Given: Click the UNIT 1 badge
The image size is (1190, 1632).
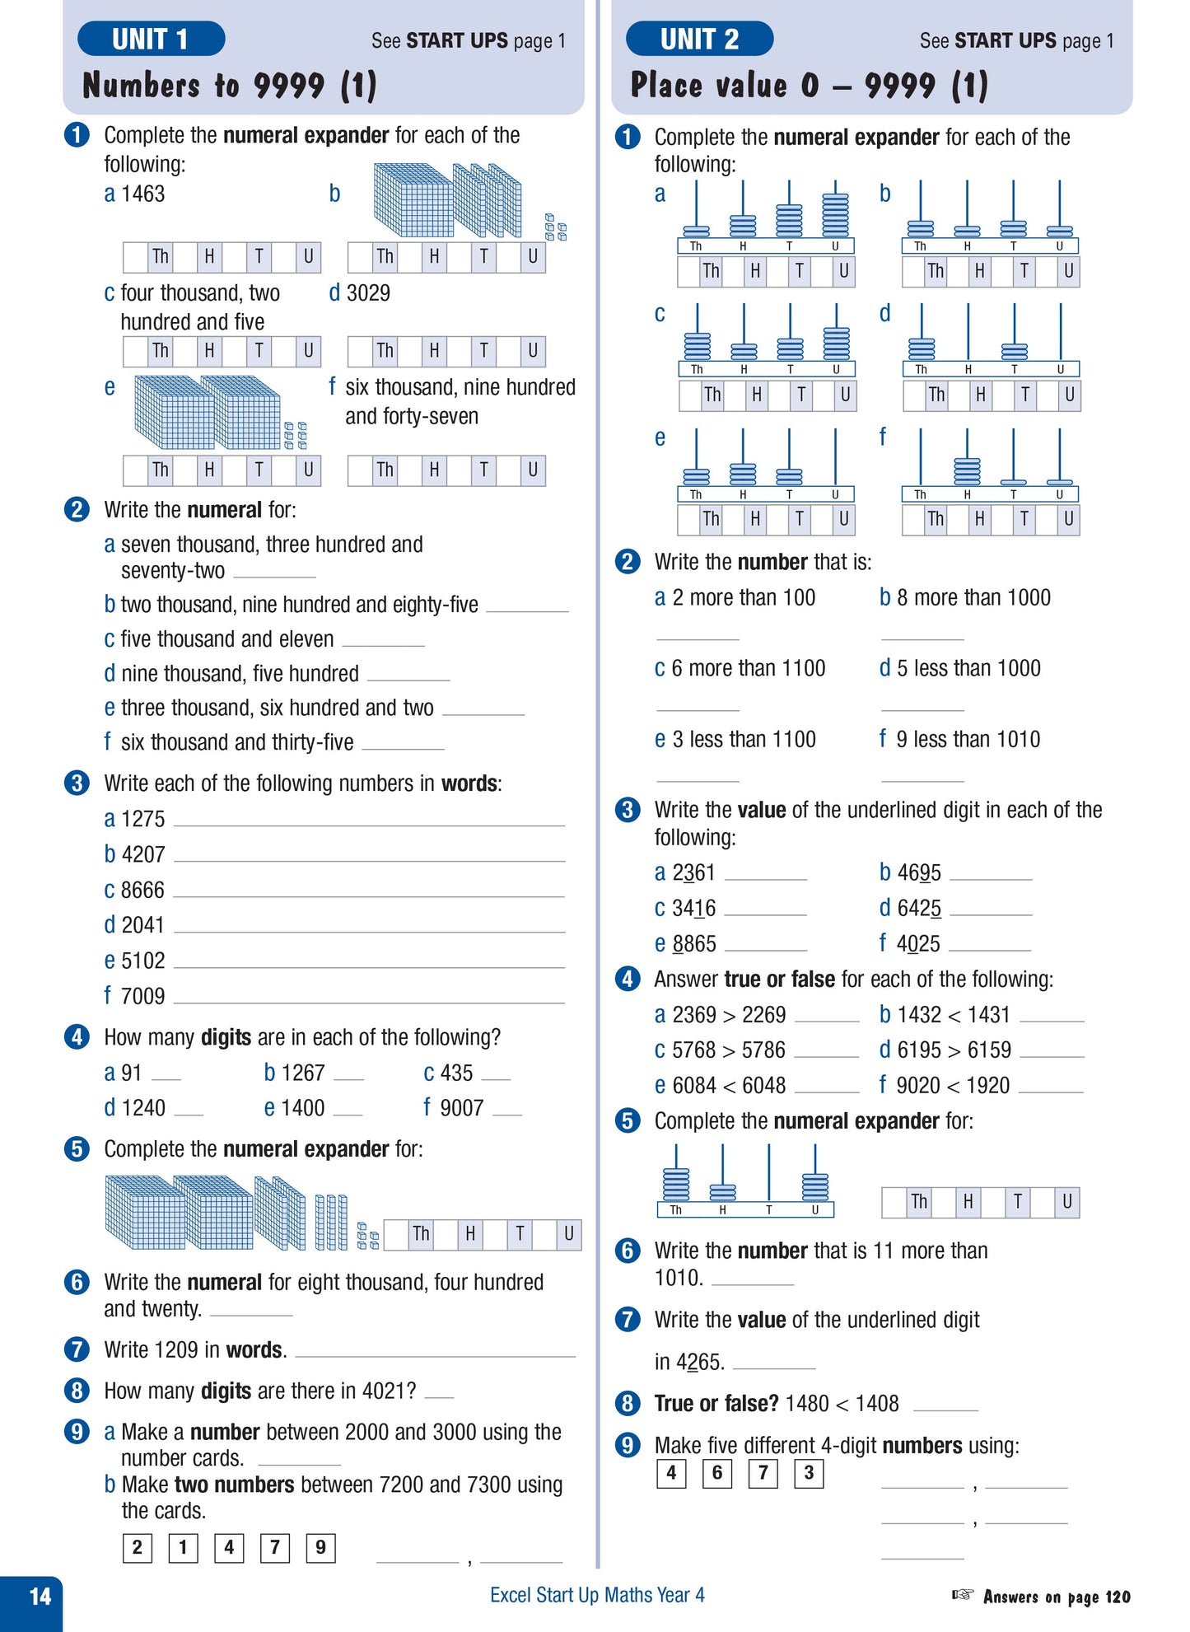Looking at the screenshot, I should [151, 39].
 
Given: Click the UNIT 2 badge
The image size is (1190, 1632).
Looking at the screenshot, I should [699, 39].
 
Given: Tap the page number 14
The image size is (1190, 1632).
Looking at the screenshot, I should [40, 1597].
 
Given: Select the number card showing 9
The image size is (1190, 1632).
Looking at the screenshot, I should [320, 1548].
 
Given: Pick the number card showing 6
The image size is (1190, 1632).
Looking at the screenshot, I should [716, 1473].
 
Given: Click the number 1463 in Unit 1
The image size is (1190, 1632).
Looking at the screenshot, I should [142, 194].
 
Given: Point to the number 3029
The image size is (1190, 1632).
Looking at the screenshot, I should [368, 293].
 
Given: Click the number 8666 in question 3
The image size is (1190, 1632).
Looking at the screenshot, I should [142, 891].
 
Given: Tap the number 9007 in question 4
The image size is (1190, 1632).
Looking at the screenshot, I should [462, 1108].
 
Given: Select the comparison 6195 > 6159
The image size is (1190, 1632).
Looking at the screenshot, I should [954, 1050].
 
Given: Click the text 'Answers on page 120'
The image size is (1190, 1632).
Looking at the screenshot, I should [1057, 1597].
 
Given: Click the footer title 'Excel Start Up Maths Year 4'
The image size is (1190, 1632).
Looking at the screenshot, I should [597, 1596].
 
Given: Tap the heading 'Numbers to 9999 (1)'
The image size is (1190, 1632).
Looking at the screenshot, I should [230, 86].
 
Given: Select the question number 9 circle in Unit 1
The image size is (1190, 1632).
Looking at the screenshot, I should [77, 1432].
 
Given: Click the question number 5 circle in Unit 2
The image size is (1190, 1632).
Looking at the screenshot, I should [628, 1121].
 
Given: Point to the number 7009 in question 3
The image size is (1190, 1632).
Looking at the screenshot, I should [142, 997].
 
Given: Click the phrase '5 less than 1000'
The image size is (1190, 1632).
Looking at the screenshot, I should [968, 668].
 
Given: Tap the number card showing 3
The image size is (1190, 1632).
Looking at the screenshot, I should [809, 1473].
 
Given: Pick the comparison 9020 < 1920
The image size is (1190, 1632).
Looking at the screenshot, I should [953, 1086].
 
